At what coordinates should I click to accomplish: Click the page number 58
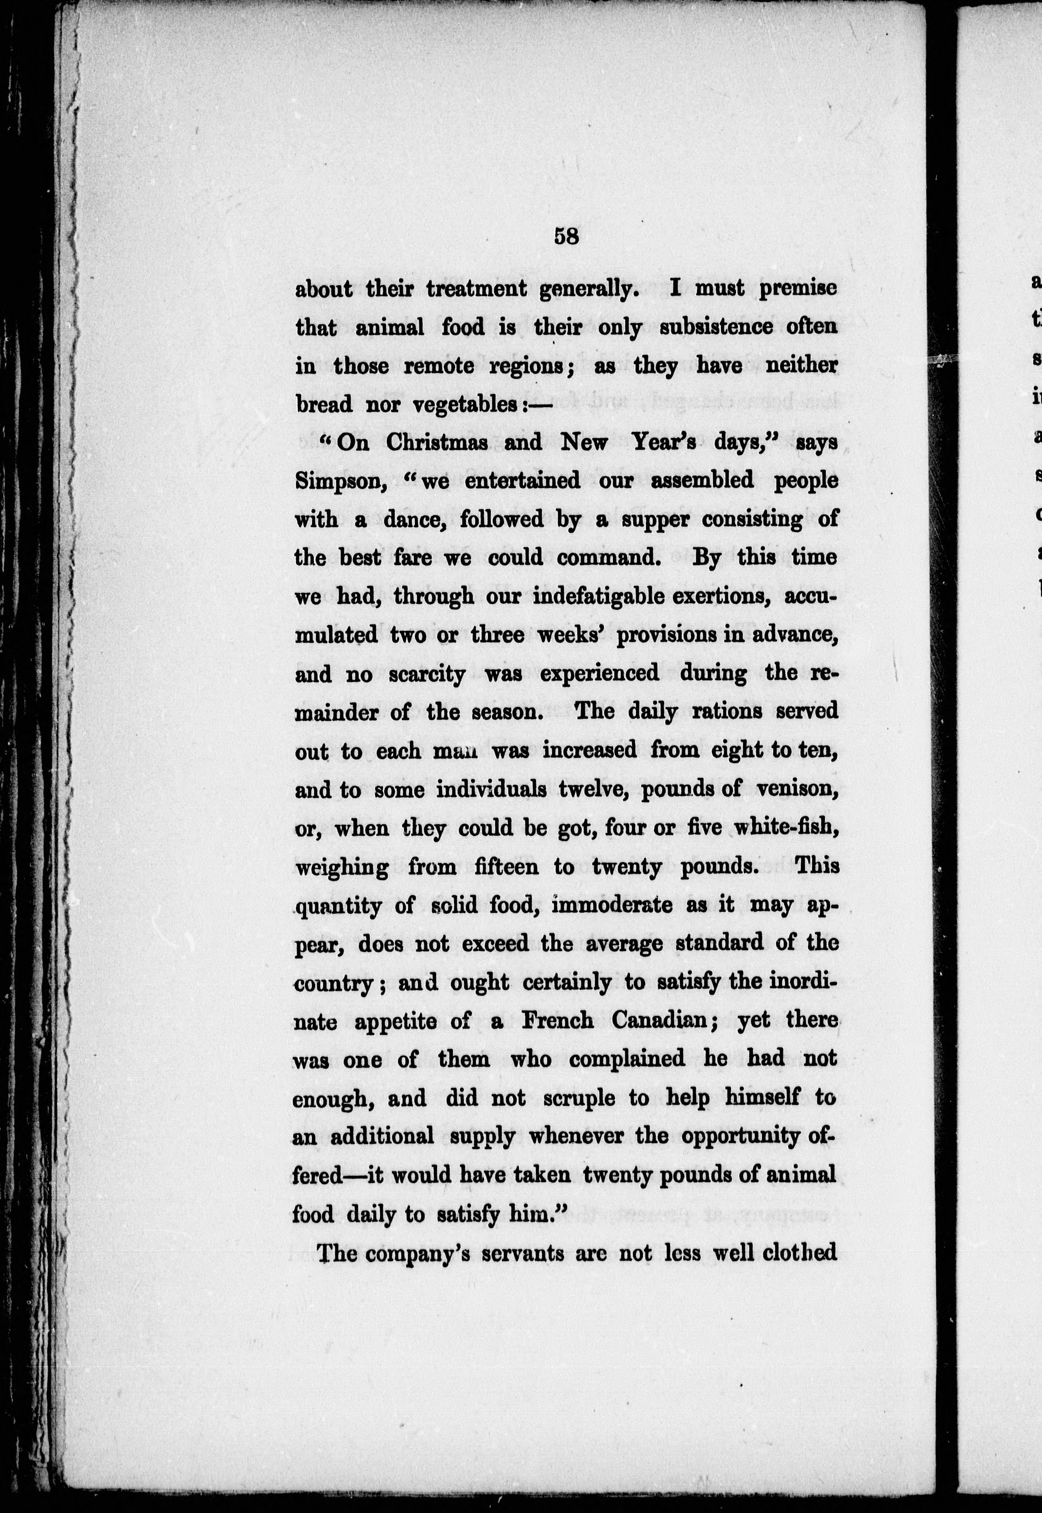(566, 236)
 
